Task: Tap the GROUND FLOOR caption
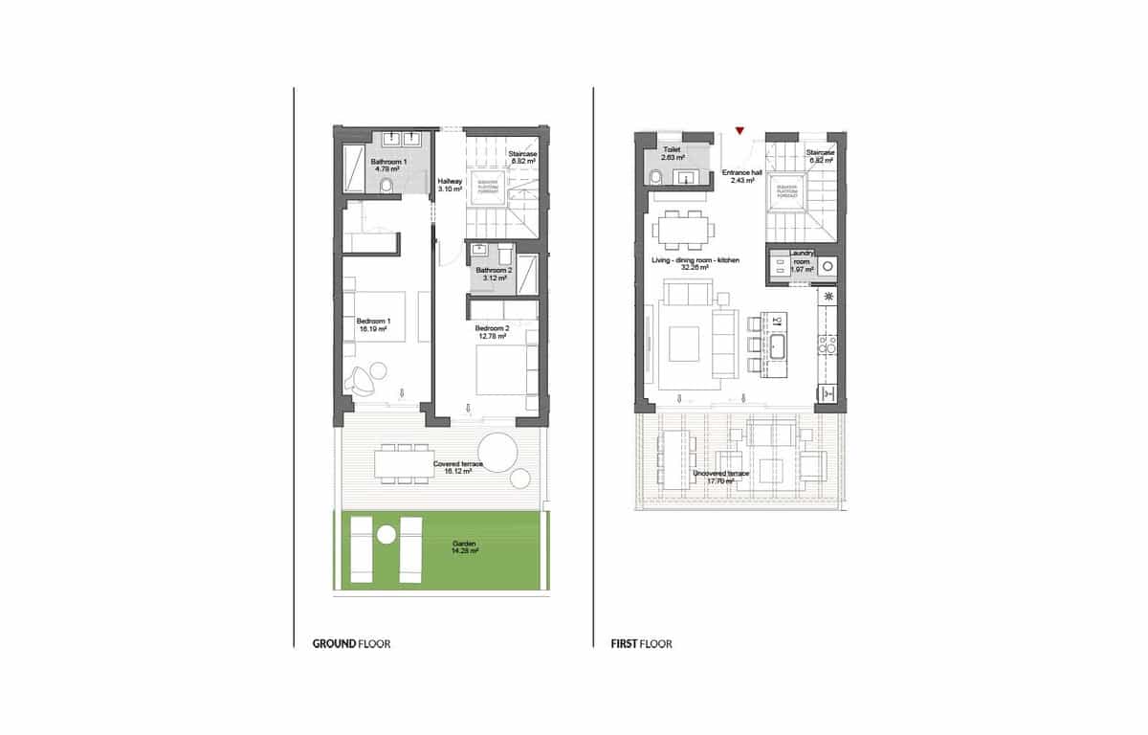(x=351, y=644)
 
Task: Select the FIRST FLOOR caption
(x=641, y=644)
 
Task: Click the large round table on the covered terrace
(x=497, y=452)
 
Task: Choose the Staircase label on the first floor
(x=820, y=156)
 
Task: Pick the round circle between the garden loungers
(x=387, y=535)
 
